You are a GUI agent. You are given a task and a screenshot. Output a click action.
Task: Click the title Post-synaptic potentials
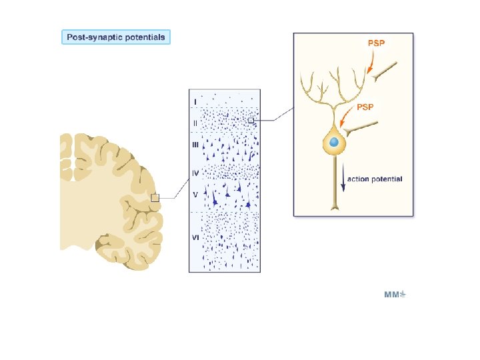(117, 37)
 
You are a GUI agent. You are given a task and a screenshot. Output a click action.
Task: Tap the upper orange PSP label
(377, 43)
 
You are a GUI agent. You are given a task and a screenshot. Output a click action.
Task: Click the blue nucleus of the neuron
(335, 143)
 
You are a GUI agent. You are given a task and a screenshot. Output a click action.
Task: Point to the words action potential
(375, 179)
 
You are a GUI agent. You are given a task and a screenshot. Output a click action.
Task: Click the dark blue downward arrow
(343, 179)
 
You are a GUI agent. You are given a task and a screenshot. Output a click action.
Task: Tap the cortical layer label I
(195, 101)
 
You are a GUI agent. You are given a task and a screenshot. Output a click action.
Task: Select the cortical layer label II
(195, 123)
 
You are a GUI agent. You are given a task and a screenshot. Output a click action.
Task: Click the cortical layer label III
(195, 143)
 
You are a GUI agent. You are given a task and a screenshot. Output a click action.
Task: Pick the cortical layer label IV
(195, 173)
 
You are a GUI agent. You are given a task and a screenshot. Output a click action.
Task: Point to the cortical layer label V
(195, 195)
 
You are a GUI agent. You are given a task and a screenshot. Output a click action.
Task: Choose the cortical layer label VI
(195, 237)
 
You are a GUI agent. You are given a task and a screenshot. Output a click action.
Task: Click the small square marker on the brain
(155, 197)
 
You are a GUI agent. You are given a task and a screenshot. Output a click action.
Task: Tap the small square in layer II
(251, 120)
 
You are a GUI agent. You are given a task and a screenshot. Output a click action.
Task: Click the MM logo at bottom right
(395, 294)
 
